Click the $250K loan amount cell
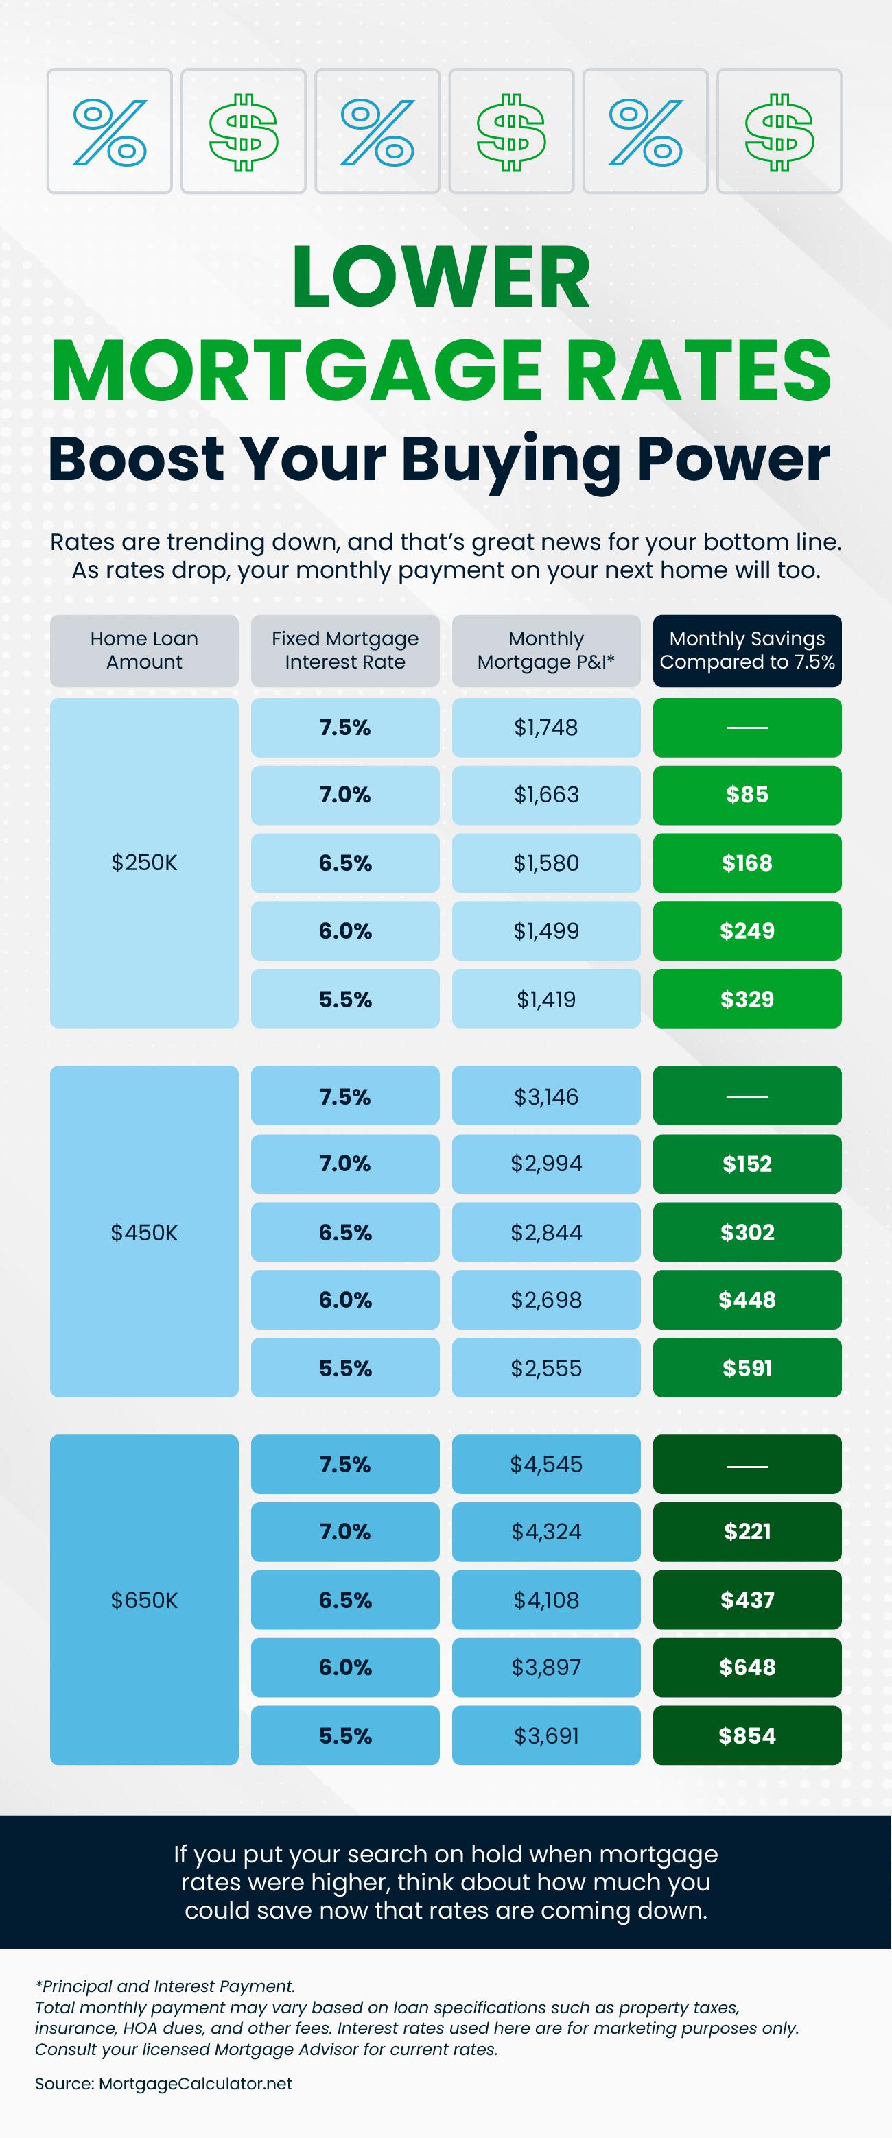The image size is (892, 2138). point(145,863)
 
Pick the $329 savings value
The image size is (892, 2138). point(747,998)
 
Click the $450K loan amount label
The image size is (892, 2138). point(145,1232)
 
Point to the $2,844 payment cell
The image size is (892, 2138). point(545,1232)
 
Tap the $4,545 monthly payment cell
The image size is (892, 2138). point(545,1463)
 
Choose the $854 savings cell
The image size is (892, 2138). point(747,1735)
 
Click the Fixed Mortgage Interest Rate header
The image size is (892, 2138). point(344,650)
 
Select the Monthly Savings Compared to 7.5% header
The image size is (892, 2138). point(747,650)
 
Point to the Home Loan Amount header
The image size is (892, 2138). point(145,650)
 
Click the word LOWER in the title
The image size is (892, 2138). point(441,277)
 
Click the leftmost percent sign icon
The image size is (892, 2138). point(110,131)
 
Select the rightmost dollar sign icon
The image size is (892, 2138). point(778,131)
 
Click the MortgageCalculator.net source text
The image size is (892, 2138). point(195,2083)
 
